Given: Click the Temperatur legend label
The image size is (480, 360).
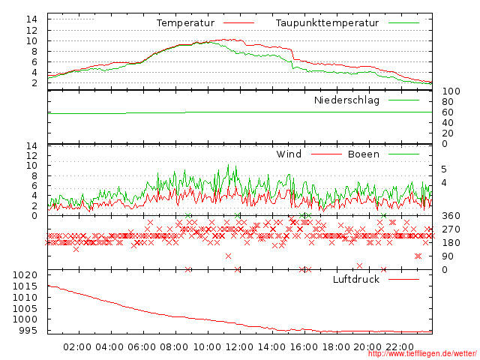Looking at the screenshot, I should pos(185,23).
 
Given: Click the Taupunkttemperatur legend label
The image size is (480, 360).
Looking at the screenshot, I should pos(326,23).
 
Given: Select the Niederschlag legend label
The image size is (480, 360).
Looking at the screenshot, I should pos(346,100).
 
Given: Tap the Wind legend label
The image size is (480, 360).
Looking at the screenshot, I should pos(289,154).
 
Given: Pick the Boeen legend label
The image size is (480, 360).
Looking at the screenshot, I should pos(364,154).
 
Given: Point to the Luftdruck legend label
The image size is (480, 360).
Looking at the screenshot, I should pos(356,280).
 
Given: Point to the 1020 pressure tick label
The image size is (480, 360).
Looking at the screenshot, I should pos(25,276).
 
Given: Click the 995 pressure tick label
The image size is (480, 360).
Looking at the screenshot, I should pos(28,331).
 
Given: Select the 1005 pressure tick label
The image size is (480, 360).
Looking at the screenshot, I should pos(25,309).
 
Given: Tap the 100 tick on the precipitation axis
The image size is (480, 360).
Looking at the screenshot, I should pos(450,91).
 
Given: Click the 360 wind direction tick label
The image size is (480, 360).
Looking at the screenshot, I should pos(450,216).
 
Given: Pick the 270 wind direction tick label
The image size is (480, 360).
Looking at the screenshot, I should pos(450,229).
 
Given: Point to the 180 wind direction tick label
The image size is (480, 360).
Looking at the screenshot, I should pos(450,243).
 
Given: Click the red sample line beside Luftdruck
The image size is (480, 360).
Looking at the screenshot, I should pos(404,280).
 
